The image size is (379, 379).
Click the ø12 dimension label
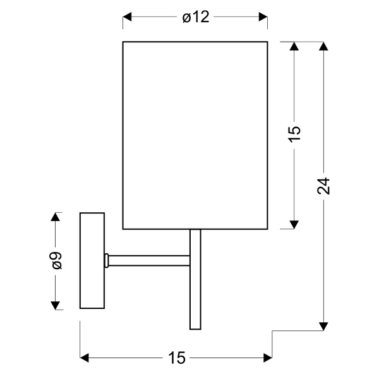pyautogui.click(x=195, y=18)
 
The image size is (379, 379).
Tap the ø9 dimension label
pyautogui.click(x=57, y=260)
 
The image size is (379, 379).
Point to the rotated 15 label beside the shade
pyautogui.click(x=294, y=135)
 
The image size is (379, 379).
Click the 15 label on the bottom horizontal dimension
pyautogui.click(x=177, y=358)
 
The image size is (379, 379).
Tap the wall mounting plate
pyautogui.click(x=92, y=260)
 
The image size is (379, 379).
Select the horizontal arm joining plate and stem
pyautogui.click(x=149, y=259)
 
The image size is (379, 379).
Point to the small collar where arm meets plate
pyautogui.click(x=107, y=259)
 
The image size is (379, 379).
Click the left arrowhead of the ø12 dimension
pyautogui.click(x=127, y=18)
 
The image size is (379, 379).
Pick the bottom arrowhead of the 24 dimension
pyautogui.click(x=323, y=326)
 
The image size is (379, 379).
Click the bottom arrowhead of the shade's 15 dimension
pyautogui.click(x=294, y=224)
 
